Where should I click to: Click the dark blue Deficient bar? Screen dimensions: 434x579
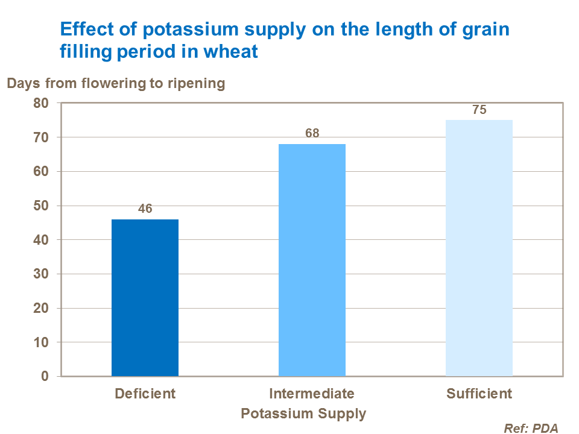click(145, 298)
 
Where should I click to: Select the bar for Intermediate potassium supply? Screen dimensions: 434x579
click(312, 260)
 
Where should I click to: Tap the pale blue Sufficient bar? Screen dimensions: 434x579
click(479, 248)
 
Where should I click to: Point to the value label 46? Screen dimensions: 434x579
click(145, 209)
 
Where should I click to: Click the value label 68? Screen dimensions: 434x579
click(312, 133)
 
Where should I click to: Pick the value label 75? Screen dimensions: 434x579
click(479, 110)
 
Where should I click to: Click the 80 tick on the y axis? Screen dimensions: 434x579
click(40, 103)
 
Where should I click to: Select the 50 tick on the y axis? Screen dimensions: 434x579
click(40, 206)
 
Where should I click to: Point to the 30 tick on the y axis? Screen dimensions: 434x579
click(40, 274)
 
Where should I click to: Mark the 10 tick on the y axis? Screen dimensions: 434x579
click(40, 342)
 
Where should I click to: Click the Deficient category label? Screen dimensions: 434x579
click(145, 394)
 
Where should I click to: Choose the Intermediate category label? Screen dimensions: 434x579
click(312, 394)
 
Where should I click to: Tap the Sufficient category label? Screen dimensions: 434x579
click(479, 394)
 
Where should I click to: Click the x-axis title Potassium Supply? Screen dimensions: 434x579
click(303, 414)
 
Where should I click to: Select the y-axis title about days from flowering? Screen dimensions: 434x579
click(116, 83)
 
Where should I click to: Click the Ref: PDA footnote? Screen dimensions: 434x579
click(531, 428)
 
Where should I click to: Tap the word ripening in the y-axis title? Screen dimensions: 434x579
click(197, 83)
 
